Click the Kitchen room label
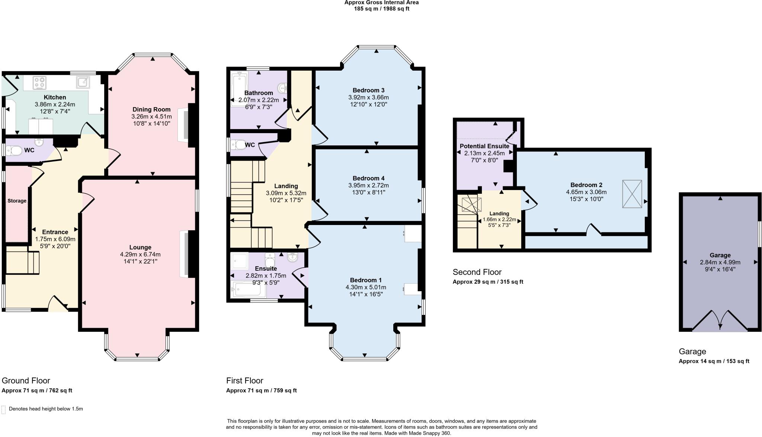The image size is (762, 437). pos(55,97)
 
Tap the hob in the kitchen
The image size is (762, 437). pos(39,83)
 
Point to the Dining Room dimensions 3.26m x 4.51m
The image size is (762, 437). pos(151,116)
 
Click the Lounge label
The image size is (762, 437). pos(140,247)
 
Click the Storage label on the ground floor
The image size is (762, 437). pos(17,201)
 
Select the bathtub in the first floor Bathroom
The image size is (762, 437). pos(239,90)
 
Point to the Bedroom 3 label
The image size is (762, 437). pos(368,90)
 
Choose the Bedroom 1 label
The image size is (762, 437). pos(366,280)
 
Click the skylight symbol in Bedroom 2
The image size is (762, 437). pos(632,194)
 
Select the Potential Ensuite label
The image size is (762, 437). pos(484,146)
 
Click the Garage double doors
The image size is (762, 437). pos(720,321)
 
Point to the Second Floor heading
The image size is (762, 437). pos(477,272)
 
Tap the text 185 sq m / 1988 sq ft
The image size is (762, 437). pos(381,9)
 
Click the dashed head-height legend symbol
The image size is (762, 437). pos(4,409)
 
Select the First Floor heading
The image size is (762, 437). pos(244,380)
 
